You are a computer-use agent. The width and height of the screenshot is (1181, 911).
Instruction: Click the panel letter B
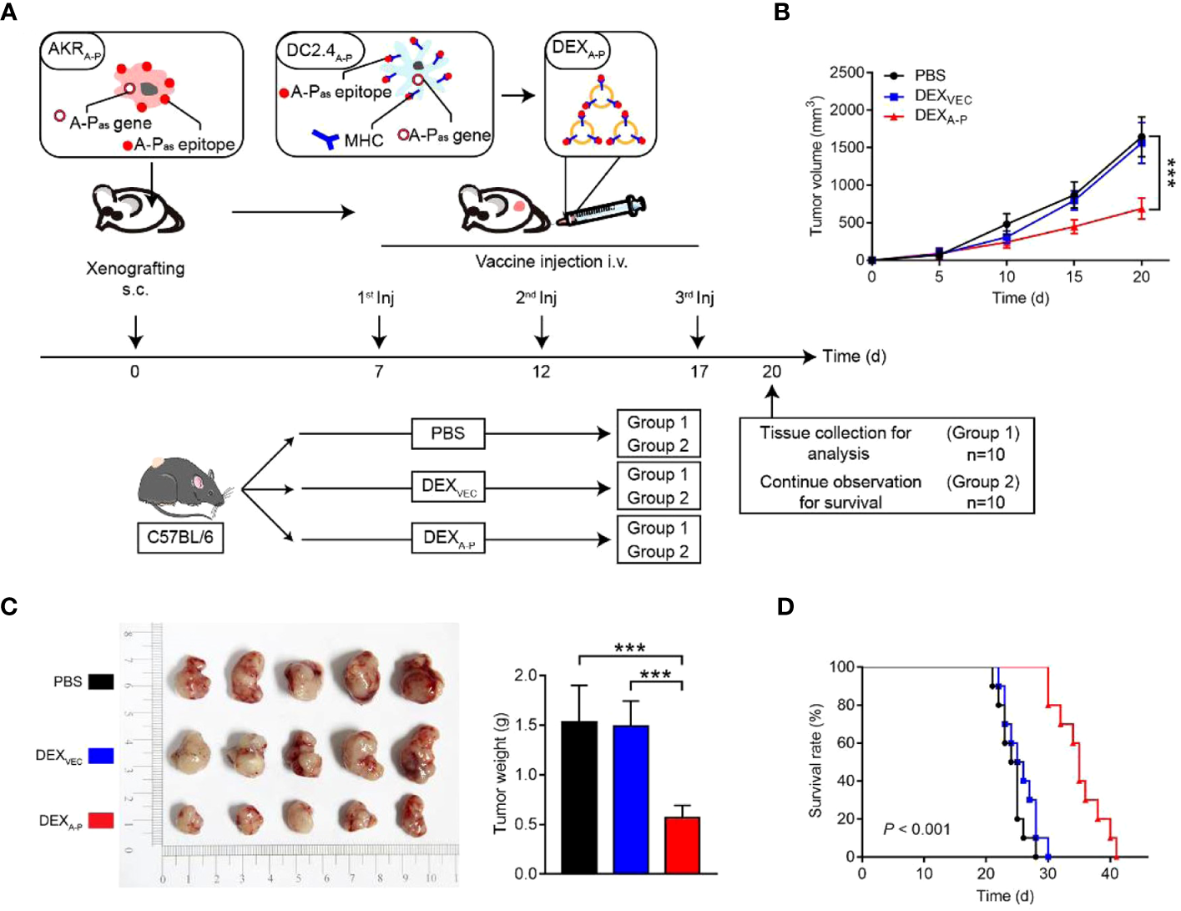(x=782, y=12)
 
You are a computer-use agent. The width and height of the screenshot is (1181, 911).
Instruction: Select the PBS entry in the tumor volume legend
(x=929, y=75)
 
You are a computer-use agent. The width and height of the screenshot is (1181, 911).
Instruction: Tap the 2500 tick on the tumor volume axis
(x=846, y=73)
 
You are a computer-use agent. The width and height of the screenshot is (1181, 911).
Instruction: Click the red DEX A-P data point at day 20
(x=1142, y=209)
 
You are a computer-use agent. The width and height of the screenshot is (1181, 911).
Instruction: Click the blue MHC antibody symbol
(x=326, y=139)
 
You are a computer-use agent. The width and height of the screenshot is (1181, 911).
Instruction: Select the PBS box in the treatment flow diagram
(x=447, y=433)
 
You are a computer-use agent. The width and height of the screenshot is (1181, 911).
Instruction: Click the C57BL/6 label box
(x=180, y=536)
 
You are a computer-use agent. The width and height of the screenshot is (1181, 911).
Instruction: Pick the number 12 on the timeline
(x=541, y=372)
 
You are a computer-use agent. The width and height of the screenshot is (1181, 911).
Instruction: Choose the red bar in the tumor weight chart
(x=682, y=844)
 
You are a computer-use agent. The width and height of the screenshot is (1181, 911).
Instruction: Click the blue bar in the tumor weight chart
(x=630, y=799)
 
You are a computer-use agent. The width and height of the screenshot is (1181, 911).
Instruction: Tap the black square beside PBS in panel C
(x=101, y=681)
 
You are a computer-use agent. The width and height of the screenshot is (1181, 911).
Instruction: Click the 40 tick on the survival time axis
(x=1109, y=873)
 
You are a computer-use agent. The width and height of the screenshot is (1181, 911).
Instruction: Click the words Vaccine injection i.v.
(x=552, y=262)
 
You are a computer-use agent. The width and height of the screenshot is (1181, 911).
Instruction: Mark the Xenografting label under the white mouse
(x=135, y=269)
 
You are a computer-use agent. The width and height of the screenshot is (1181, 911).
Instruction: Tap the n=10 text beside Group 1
(x=985, y=454)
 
